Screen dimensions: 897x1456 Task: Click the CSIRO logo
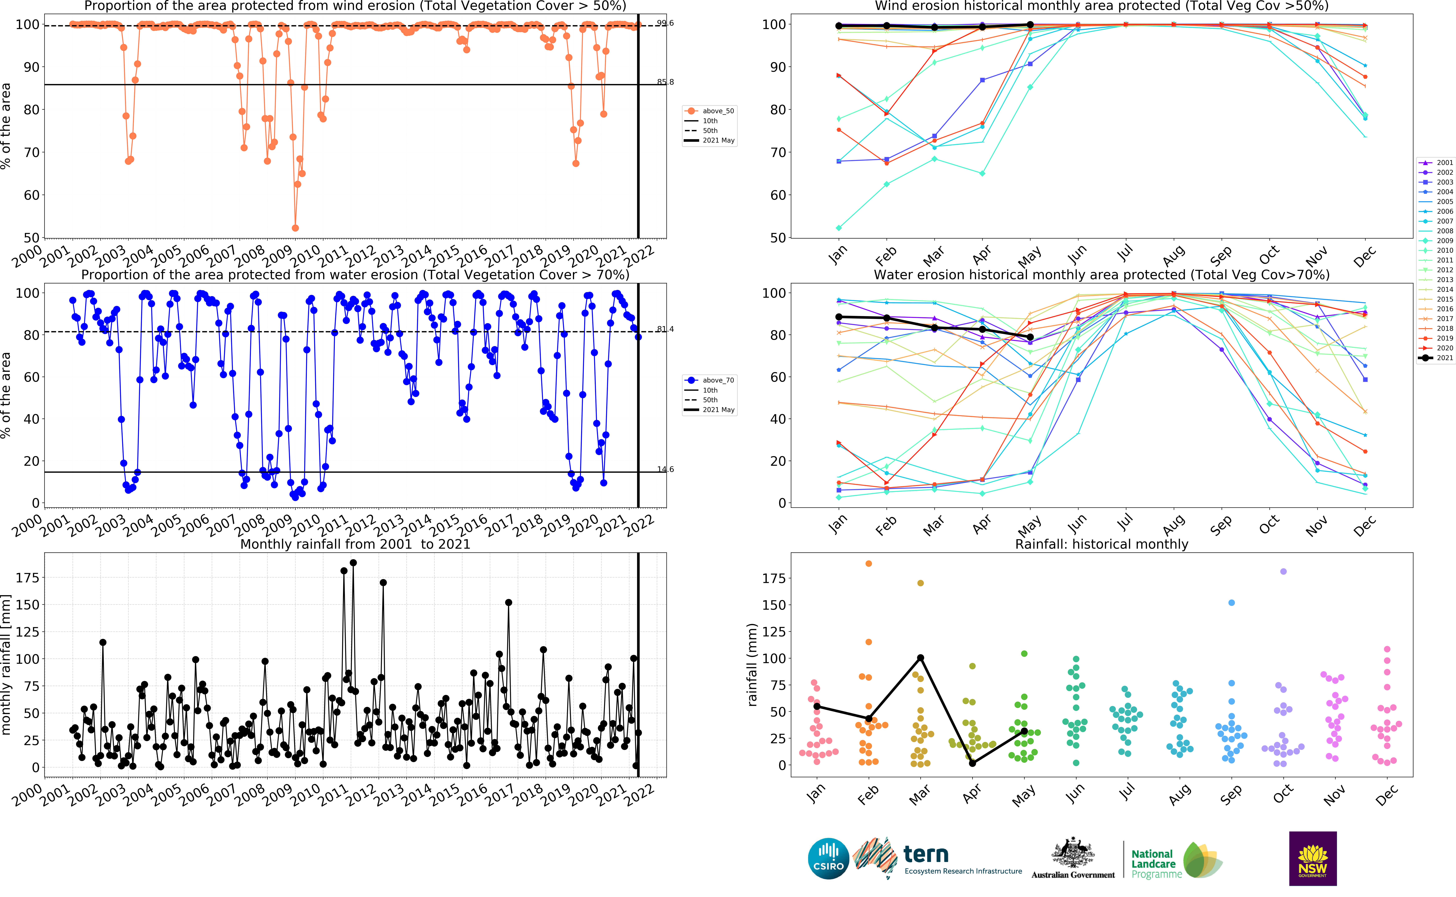[828, 858]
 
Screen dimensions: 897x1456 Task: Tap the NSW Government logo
[1312, 858]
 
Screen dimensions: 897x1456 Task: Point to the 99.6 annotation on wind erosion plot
[665, 23]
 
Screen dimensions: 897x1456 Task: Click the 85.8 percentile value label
[665, 82]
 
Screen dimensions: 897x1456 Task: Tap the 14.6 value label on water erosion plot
[665, 469]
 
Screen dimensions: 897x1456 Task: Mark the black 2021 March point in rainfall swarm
[920, 658]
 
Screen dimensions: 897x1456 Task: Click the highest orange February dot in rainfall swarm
[869, 564]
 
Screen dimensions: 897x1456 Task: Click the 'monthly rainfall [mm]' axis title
[7, 665]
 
